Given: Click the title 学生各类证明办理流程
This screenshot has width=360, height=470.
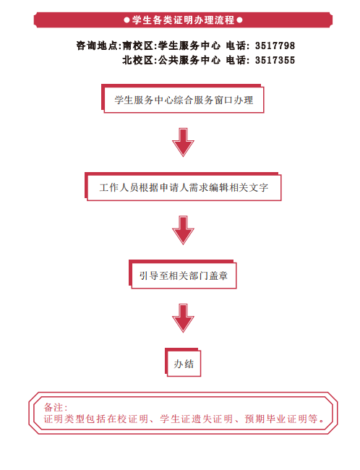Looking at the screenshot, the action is [183, 20].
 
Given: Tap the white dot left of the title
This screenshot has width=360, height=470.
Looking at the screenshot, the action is [127, 20].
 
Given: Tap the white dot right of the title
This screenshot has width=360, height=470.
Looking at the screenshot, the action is [239, 20].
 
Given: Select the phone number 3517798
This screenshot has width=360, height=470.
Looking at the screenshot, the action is [275, 46].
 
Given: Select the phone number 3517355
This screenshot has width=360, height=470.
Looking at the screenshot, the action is [275, 60].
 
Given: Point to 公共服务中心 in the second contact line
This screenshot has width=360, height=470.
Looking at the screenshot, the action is [189, 60].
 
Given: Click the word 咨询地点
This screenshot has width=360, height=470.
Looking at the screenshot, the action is [97, 46].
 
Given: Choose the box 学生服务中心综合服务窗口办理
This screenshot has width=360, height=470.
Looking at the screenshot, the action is [183, 99].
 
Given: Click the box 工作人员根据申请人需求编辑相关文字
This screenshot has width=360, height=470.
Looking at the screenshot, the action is [183, 187].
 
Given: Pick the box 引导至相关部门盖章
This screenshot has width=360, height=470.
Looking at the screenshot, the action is [183, 275].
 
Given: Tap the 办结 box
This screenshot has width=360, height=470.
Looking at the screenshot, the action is [183, 363].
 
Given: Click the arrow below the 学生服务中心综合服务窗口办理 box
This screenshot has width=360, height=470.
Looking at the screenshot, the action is [183, 142].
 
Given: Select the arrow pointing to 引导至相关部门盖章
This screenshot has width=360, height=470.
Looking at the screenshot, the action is [183, 230].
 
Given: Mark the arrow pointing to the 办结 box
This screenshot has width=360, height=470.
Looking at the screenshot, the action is [183, 318].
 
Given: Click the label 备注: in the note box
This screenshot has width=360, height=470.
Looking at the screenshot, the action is [56, 407].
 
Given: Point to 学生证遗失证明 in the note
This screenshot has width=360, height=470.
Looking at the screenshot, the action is [196, 419].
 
